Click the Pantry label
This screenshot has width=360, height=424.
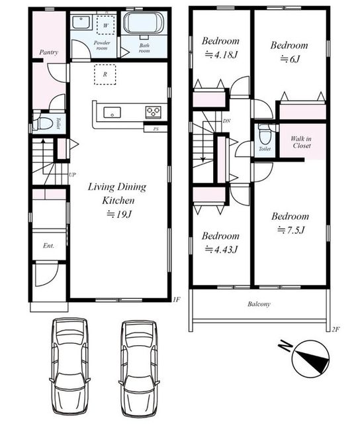tap(48, 52)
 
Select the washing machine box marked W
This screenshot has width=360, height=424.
tap(106, 25)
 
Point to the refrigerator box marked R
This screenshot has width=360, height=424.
tap(105, 74)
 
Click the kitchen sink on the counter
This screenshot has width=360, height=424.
tap(112, 112)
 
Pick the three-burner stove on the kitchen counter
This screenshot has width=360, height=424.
tap(154, 112)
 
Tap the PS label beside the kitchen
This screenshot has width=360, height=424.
tap(156, 129)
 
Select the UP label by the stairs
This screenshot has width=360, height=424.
tap(72, 175)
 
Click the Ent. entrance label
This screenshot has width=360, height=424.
tap(48, 246)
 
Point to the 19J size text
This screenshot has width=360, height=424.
tap(119, 215)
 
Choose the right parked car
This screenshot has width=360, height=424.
tap(139, 370)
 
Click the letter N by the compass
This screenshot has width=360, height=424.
tap(285, 346)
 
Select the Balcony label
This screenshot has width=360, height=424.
tap(259, 304)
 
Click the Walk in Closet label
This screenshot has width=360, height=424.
tap(301, 142)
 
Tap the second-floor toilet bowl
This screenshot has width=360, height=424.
tap(264, 136)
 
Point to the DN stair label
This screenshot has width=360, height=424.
tap(227, 121)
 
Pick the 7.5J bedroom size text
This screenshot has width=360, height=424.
tap(291, 230)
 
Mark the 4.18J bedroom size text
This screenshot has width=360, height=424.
tap(221, 55)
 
